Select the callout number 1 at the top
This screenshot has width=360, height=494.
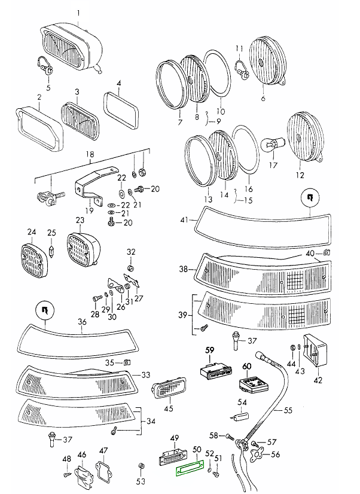point(77,11)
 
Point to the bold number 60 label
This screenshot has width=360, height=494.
point(247,365)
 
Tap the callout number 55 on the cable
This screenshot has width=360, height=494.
point(288,411)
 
